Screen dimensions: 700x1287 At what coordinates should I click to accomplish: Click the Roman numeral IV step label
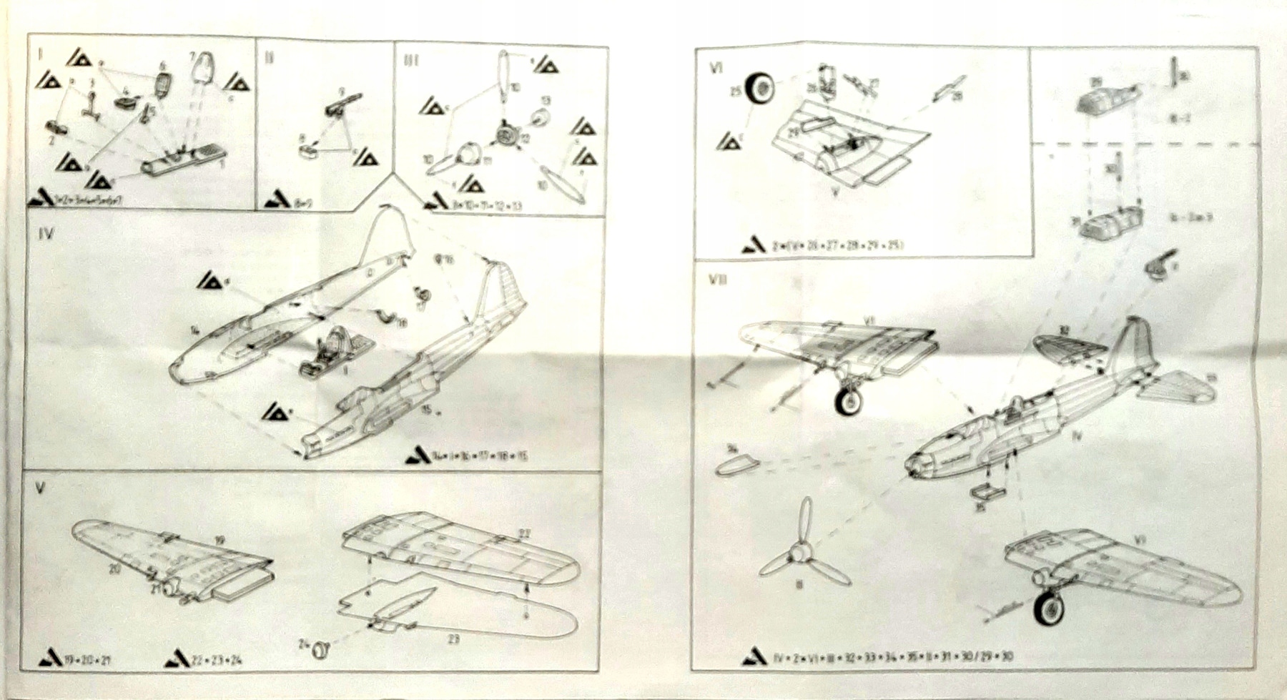click(x=45, y=234)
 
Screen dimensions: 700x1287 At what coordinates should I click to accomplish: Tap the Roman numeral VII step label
click(x=717, y=280)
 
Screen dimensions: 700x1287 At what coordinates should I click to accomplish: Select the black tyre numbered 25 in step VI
click(x=760, y=89)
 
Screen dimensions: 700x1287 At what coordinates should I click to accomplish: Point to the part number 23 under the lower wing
click(x=453, y=639)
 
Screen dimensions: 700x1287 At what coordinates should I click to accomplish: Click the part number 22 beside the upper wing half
click(x=524, y=533)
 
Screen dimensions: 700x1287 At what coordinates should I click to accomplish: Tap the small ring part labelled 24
click(x=323, y=649)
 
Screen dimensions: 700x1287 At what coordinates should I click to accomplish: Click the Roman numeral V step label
click(x=41, y=489)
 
